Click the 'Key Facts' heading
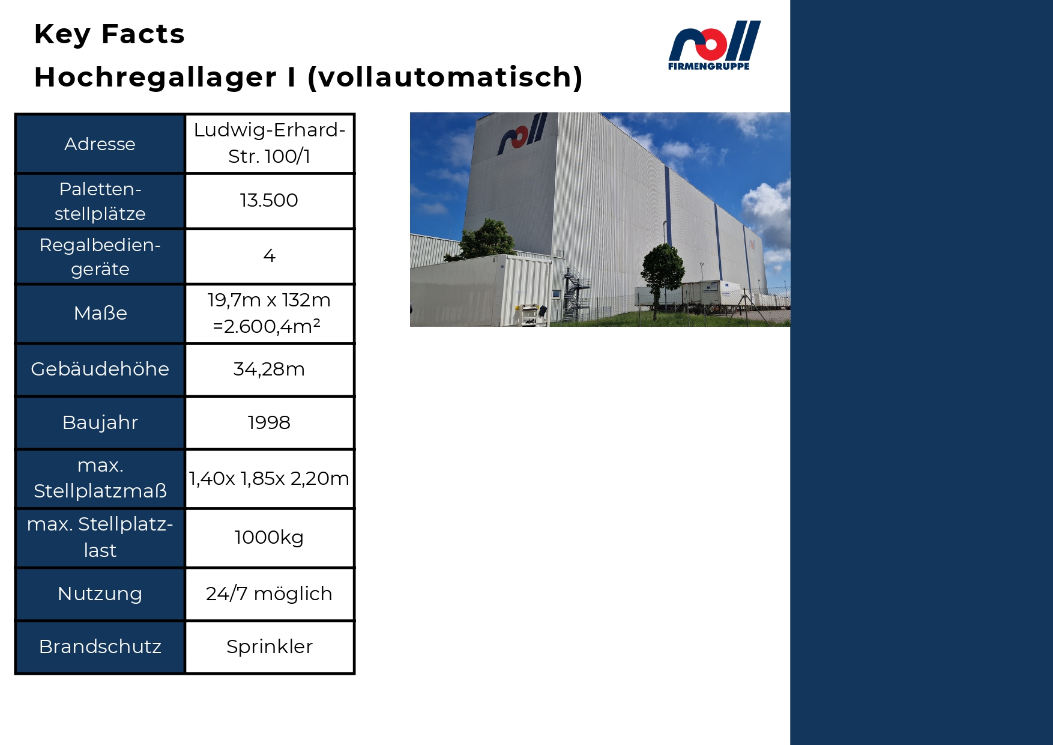(109, 34)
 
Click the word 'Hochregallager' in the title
(155, 78)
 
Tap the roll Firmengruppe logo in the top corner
(714, 46)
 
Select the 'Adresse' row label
(100, 144)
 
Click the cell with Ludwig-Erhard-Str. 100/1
(270, 143)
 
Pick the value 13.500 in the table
(269, 200)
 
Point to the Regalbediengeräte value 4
(270, 256)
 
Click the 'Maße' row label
(100, 313)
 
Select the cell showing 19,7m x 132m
(270, 313)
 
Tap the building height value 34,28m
(269, 369)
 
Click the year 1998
(269, 422)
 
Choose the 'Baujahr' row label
(100, 422)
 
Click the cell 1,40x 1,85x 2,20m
(269, 478)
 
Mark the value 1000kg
(269, 537)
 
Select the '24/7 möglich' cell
(269, 594)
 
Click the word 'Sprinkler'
(270, 646)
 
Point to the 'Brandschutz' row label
(100, 646)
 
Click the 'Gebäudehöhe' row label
(100, 369)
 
